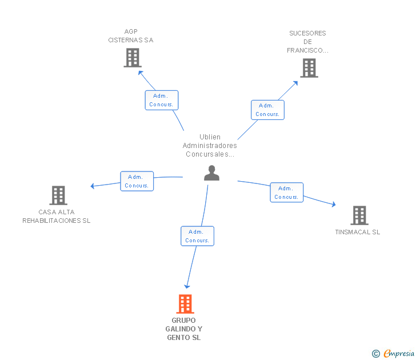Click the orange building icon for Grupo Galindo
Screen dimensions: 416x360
(x=185, y=304)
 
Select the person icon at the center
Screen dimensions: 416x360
(x=211, y=173)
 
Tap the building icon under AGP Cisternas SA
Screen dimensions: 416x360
(x=133, y=58)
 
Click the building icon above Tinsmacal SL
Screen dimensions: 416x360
(x=359, y=215)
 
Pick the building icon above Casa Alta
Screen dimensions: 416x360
(x=58, y=195)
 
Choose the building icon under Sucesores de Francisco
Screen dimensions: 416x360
(x=309, y=68)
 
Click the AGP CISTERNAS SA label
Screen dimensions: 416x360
(x=131, y=36)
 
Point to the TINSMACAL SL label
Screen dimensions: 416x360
(x=358, y=232)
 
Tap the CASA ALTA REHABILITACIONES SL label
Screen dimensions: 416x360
(x=56, y=216)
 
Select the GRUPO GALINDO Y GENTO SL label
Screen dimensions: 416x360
(x=184, y=329)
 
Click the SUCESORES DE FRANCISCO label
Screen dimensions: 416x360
(x=307, y=42)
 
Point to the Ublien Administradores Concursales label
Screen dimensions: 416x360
(x=210, y=145)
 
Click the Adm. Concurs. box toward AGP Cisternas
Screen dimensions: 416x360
(x=162, y=100)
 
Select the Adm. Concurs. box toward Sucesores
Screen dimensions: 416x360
(x=267, y=110)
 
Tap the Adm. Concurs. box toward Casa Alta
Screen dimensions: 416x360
(x=137, y=181)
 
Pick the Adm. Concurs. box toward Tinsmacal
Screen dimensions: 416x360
(x=286, y=193)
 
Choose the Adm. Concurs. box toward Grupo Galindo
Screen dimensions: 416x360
(x=197, y=236)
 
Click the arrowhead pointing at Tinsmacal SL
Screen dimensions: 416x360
(x=334, y=204)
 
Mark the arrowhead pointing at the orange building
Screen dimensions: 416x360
(x=187, y=286)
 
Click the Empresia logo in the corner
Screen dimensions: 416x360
(x=393, y=354)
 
